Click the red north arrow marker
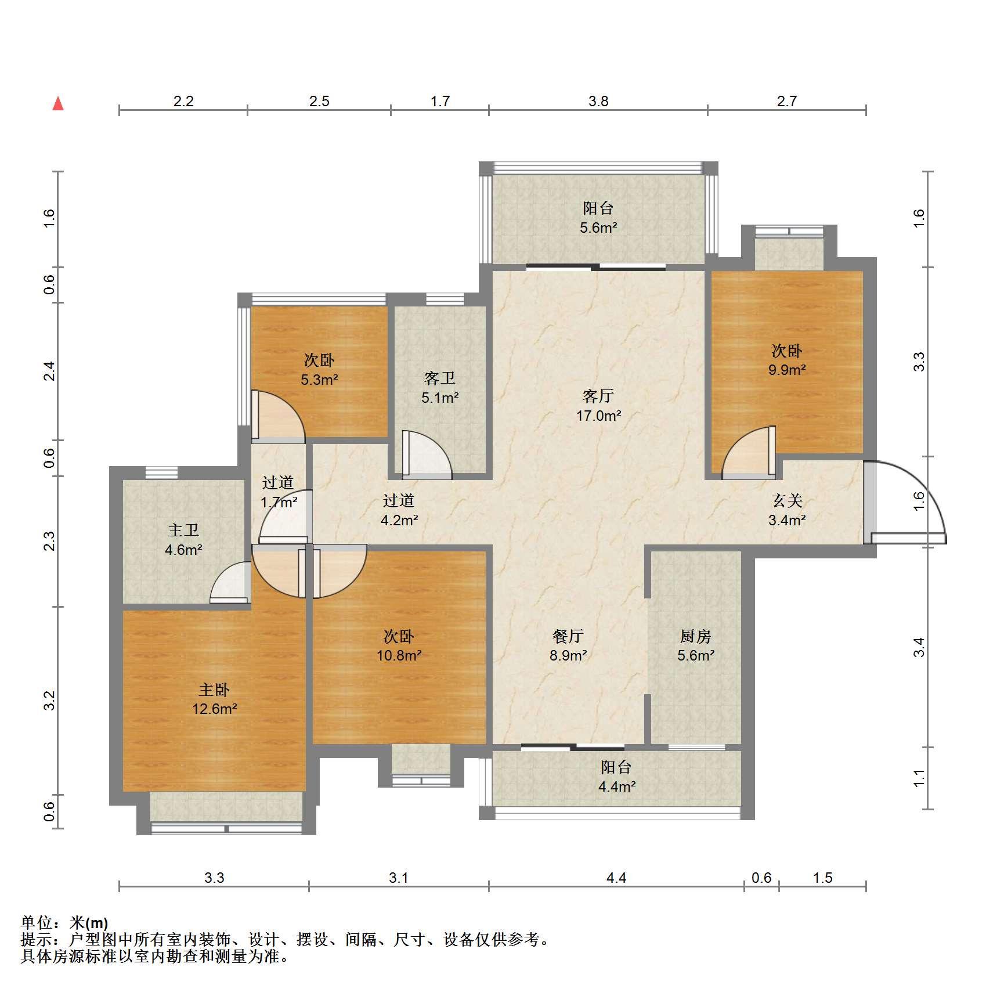[x=58, y=104]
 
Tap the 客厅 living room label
[x=598, y=396]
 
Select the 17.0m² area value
[x=598, y=416]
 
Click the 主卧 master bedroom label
[x=214, y=690]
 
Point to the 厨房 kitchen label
[x=695, y=636]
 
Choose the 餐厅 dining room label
[x=568, y=636]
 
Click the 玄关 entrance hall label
[x=787, y=500]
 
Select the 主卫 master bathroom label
[x=183, y=530]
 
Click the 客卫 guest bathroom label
[x=440, y=378]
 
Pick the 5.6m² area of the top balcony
[x=598, y=228]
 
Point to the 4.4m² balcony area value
[x=616, y=787]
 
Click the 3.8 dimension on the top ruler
[x=598, y=101]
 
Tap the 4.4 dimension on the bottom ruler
[x=616, y=878]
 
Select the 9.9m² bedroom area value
[x=787, y=370]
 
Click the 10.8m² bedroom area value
[x=399, y=656]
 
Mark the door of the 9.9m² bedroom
[x=749, y=453]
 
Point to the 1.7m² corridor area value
[x=279, y=501]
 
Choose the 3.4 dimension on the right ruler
[x=918, y=647]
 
